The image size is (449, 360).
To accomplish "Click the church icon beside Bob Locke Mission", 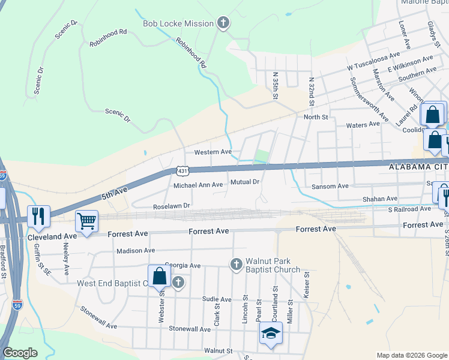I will [223, 23].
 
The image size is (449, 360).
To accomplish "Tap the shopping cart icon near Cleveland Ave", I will [86, 221].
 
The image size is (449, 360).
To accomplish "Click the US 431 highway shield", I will [182, 171].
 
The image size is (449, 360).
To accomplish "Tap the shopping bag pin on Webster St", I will [160, 277].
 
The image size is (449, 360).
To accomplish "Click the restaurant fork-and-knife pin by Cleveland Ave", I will [39, 217].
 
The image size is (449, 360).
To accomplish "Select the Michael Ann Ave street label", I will [198, 185].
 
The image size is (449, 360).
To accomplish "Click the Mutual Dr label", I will [245, 182].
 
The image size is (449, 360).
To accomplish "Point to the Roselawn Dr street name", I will [172, 206].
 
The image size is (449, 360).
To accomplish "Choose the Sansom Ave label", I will [330, 187].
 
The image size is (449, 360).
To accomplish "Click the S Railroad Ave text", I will [409, 209].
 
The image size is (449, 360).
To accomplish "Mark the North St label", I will [316, 117].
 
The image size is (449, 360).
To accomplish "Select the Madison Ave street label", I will [136, 251].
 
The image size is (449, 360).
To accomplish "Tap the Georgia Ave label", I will [182, 265].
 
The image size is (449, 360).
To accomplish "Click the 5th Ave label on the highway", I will [115, 193].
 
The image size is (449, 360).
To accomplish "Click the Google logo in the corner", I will [20, 353].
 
